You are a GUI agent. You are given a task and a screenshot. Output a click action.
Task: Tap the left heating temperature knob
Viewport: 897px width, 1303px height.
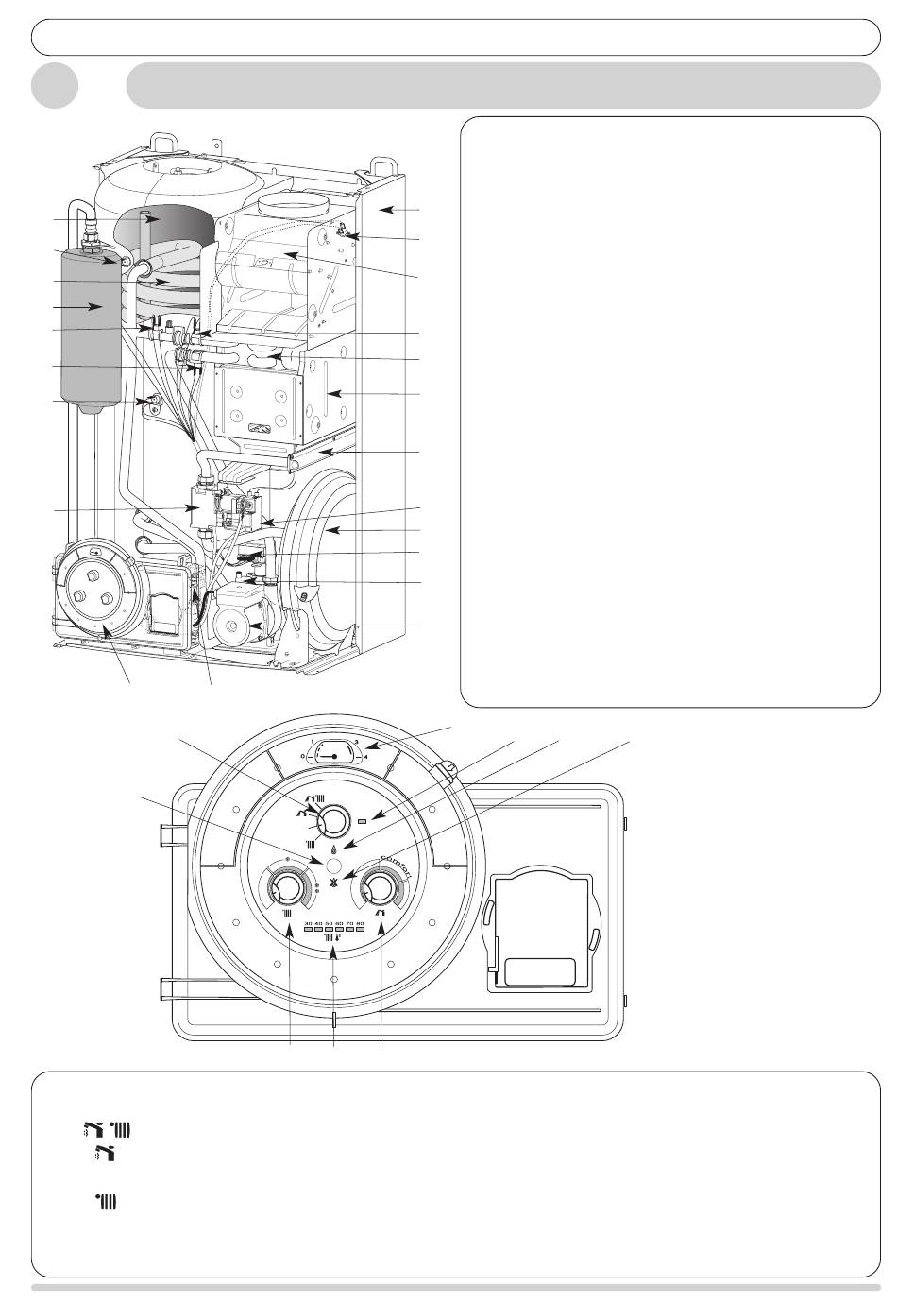[286, 888]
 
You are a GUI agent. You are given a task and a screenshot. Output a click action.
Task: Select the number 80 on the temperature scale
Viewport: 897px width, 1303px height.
[360, 922]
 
